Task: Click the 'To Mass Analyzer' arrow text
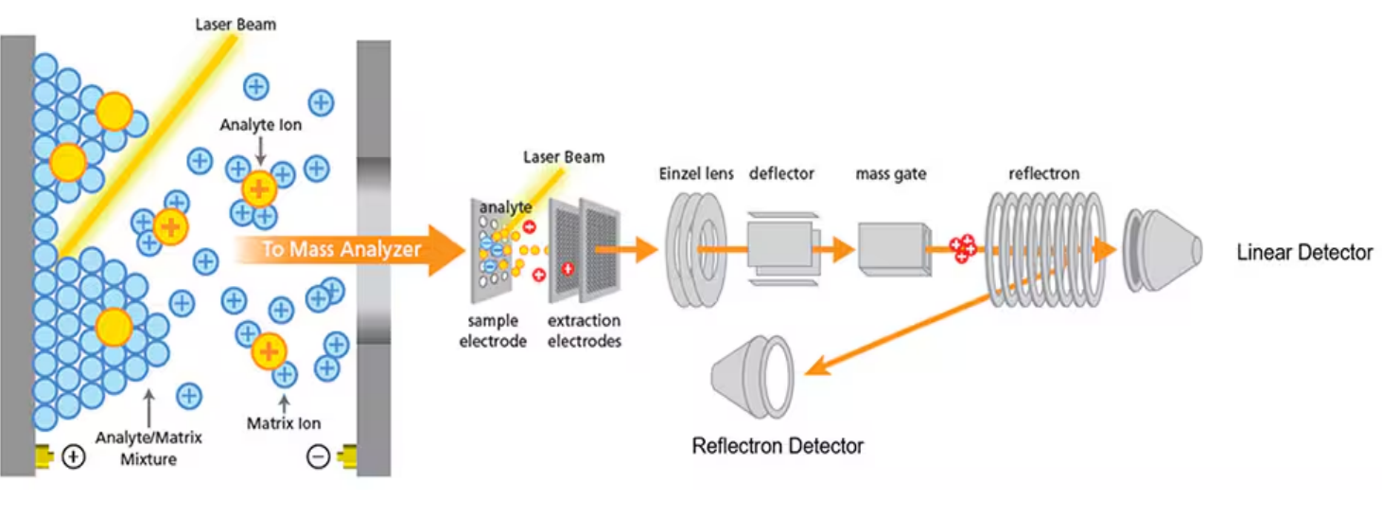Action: coord(341,250)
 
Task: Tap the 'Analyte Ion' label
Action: coord(261,124)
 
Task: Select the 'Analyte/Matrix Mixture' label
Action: coord(149,448)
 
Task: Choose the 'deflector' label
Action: coord(781,174)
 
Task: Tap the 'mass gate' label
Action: coord(890,174)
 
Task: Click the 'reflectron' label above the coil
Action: coord(1043,174)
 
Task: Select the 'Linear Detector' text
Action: coord(1304,252)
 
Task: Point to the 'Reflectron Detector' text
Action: coord(778,445)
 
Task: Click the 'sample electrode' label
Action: coord(493,331)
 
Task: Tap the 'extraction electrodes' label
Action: coord(585,331)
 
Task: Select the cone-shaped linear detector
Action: coord(1162,249)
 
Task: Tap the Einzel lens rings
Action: coord(698,250)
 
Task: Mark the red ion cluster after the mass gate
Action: coord(963,249)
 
